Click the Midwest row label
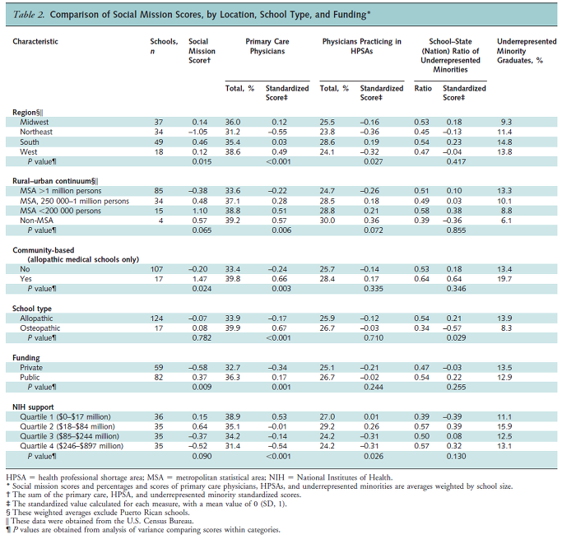click(x=34, y=123)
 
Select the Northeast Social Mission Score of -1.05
click(x=197, y=132)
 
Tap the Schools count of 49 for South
click(x=159, y=142)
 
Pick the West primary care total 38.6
click(x=233, y=152)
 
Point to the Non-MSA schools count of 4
click(x=161, y=221)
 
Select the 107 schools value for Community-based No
click(x=156, y=269)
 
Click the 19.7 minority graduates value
click(x=504, y=279)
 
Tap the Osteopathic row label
click(x=39, y=328)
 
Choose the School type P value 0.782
click(x=202, y=338)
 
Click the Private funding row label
click(x=31, y=368)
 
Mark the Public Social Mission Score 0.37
click(x=200, y=378)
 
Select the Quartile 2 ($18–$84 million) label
click(x=67, y=426)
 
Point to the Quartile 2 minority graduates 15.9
click(x=504, y=426)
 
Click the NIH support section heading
click(x=33, y=407)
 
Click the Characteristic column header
click(x=35, y=42)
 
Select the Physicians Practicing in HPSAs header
click(x=362, y=46)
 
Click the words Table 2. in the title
click(x=28, y=15)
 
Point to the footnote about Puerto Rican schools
click(x=98, y=513)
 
